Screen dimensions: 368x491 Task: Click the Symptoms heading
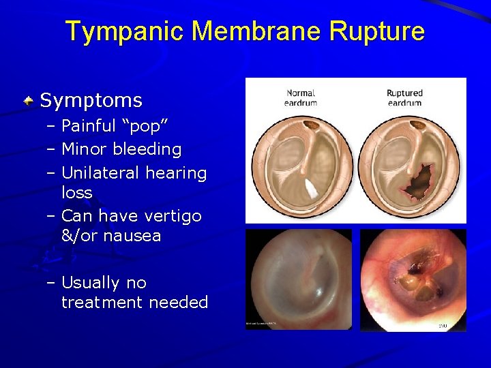tap(91, 101)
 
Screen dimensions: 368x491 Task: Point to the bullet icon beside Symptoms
tap(29, 102)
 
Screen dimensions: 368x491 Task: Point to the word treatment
tap(102, 303)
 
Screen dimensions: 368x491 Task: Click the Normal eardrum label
tap(300, 97)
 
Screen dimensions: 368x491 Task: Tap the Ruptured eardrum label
tap(404, 97)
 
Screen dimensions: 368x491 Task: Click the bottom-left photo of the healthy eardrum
tap(298, 279)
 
